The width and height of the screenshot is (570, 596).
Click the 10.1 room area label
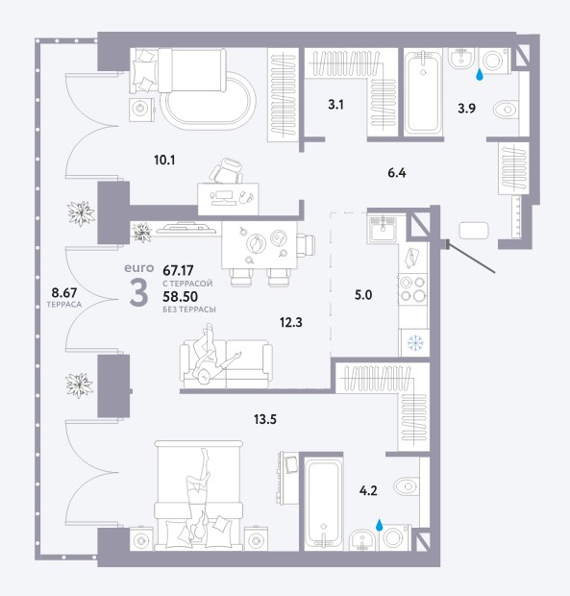[x=164, y=161]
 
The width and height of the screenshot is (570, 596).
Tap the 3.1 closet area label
[x=335, y=105]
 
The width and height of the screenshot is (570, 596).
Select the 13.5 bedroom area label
[x=265, y=420]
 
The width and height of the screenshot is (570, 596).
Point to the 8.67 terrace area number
[x=64, y=292]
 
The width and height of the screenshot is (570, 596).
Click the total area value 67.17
[x=178, y=270]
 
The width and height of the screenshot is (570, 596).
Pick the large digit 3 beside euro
[x=138, y=292]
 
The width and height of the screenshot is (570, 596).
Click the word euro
[x=139, y=268]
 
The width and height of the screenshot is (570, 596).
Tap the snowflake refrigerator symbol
[x=415, y=343]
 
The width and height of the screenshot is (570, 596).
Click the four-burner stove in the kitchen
[x=412, y=289]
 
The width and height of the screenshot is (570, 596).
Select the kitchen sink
[x=383, y=229]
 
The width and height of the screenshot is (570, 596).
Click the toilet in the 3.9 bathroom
[x=507, y=110]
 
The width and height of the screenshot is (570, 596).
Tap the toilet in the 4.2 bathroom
[x=407, y=486]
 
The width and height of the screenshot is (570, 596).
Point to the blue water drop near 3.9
[x=481, y=74]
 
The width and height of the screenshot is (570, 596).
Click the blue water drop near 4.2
[x=379, y=525]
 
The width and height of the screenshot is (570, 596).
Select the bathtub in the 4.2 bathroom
[x=323, y=503]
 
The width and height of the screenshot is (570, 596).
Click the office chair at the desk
[x=227, y=171]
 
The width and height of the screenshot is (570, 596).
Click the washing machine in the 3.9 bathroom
[x=494, y=60]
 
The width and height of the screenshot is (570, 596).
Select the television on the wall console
[x=186, y=227]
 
